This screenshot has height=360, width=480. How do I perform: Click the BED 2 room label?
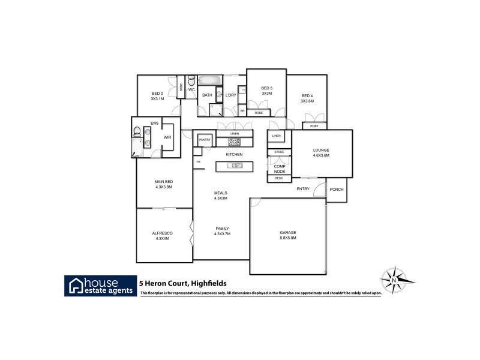tap(157, 94)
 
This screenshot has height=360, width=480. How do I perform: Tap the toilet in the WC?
tap(191, 80)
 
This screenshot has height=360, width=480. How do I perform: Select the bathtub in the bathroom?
tap(211, 80)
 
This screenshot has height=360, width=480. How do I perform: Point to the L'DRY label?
tap(230, 95)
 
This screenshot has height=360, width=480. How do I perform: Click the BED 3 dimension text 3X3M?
tap(266, 94)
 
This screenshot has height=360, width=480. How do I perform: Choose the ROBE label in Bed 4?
tap(314, 126)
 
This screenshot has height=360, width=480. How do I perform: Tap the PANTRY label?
tap(205, 139)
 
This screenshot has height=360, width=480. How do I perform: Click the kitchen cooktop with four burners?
tap(233, 142)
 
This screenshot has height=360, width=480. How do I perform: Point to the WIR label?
tap(167, 137)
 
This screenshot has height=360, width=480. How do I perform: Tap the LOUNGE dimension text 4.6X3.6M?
tap(321, 155)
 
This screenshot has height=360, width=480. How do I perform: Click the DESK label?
tap(278, 178)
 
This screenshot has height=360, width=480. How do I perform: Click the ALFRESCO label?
tap(162, 235)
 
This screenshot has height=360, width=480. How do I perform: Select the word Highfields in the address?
tap(206, 284)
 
